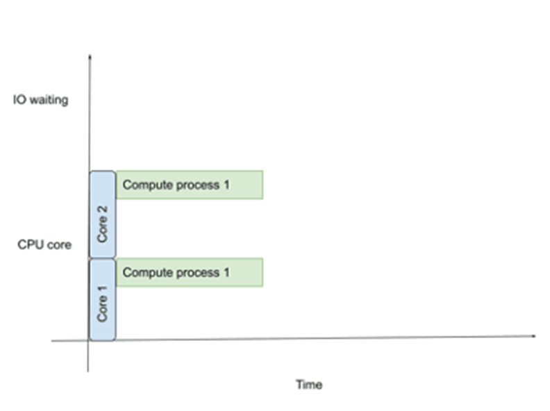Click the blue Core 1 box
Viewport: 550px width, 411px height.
102,300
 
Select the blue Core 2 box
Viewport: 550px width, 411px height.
102,214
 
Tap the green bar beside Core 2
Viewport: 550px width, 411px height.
189,185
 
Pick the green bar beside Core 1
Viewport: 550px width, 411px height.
189,272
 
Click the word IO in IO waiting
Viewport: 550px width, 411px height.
19,100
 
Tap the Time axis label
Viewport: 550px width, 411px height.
309,384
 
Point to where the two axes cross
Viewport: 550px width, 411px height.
89,340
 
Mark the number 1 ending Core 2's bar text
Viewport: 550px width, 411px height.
226,185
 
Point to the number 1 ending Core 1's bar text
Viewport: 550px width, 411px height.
226,273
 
